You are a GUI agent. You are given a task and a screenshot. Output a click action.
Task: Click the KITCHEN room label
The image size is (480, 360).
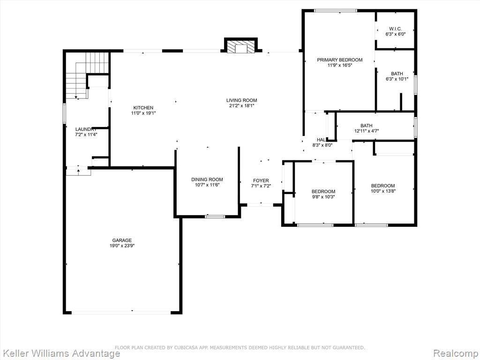(x=143, y=108)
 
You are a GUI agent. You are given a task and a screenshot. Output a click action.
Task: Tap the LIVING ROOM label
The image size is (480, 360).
(x=241, y=100)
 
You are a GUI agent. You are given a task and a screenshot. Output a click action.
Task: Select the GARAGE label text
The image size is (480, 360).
(x=122, y=240)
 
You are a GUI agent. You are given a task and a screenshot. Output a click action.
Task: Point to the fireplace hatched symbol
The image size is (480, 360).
(x=241, y=47)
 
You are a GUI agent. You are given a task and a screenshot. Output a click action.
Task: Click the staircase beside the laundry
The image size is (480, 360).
(x=88, y=75)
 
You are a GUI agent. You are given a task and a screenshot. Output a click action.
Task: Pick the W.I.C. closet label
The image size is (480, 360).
(x=395, y=29)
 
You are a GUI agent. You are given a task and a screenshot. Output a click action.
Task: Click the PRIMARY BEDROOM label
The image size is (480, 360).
(x=339, y=60)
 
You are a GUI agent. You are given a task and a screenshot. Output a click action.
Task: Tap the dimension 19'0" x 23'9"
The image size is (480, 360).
(x=122, y=246)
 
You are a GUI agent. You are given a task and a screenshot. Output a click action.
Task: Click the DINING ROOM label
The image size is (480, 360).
(x=207, y=180)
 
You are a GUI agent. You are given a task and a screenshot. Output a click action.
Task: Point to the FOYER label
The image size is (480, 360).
(x=261, y=180)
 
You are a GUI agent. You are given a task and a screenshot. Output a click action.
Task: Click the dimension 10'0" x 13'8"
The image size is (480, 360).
(x=383, y=191)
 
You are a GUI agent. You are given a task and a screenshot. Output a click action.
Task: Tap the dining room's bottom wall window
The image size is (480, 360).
(x=215, y=217)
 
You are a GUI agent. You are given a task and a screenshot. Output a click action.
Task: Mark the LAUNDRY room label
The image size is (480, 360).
(x=86, y=129)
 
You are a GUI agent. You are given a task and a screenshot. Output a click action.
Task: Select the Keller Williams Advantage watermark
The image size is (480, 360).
(x=60, y=353)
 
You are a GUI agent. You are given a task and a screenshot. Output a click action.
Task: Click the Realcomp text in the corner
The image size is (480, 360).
(x=456, y=353)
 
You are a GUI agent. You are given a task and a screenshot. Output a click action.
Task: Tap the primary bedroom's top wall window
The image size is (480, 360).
(x=336, y=11)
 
